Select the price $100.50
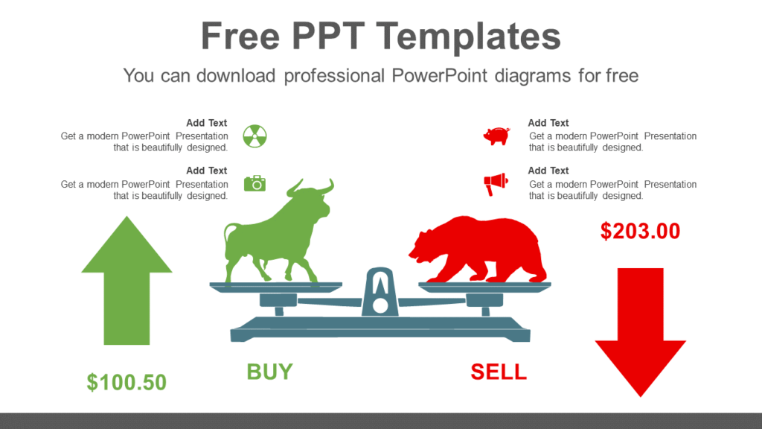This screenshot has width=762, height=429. pyautogui.click(x=127, y=382)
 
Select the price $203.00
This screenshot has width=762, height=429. pyautogui.click(x=640, y=231)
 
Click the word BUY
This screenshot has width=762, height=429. pyautogui.click(x=269, y=371)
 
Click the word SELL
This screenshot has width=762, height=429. pyautogui.click(x=499, y=371)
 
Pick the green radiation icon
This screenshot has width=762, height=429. pyautogui.click(x=254, y=136)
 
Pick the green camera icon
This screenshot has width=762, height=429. pyautogui.click(x=254, y=183)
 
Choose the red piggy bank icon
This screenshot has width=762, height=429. pyautogui.click(x=496, y=136)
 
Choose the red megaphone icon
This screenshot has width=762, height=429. pyautogui.click(x=496, y=183)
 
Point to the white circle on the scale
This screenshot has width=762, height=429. pyautogui.click(x=380, y=305)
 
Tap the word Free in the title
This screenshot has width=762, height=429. pyautogui.click(x=242, y=36)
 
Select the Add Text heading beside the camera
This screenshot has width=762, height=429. pyautogui.click(x=207, y=171)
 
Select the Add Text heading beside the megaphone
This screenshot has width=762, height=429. pyautogui.click(x=548, y=171)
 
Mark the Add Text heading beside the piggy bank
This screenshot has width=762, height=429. pyautogui.click(x=548, y=123)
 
